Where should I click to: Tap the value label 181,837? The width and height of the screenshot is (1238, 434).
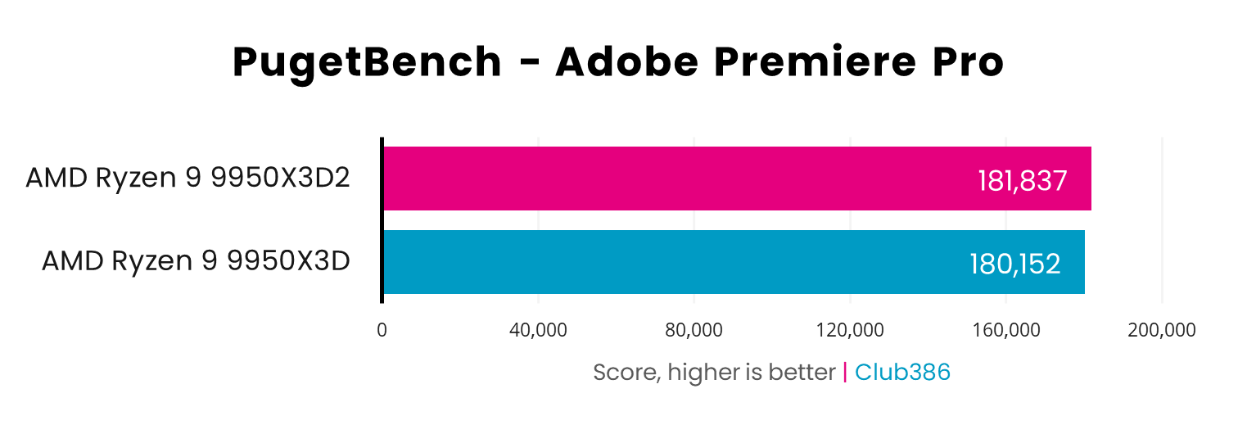pyautogui.click(x=1023, y=181)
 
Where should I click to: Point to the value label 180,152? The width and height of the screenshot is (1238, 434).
pyautogui.click(x=1015, y=264)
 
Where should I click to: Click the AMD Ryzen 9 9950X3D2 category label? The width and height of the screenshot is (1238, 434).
pyautogui.click(x=188, y=178)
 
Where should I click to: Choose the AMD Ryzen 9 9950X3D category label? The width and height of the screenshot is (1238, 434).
pyautogui.click(x=196, y=261)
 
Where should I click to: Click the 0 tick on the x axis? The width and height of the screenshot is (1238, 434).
pyautogui.click(x=382, y=330)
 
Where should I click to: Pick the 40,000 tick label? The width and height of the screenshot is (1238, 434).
pyautogui.click(x=538, y=330)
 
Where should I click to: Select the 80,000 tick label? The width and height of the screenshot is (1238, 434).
pyautogui.click(x=694, y=330)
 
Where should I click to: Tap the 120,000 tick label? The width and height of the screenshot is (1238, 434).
pyautogui.click(x=850, y=330)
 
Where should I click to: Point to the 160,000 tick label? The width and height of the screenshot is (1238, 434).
pyautogui.click(x=1006, y=330)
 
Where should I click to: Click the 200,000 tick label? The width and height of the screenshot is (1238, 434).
pyautogui.click(x=1162, y=330)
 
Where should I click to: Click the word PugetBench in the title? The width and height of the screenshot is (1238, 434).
pyautogui.click(x=367, y=63)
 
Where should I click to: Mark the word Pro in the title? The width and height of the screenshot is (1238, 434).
pyautogui.click(x=969, y=63)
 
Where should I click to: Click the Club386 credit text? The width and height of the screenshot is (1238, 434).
pyautogui.click(x=902, y=373)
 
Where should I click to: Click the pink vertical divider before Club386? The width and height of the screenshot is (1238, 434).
pyautogui.click(x=845, y=373)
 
